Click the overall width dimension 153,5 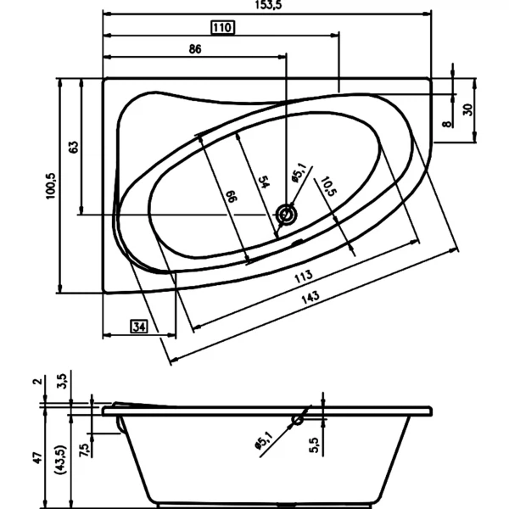tap(268, 5)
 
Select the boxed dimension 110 tap(222, 28)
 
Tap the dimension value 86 tap(195, 49)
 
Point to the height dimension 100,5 tap(51, 186)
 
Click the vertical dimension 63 tap(74, 147)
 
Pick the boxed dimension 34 tap(139, 327)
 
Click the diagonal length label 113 tap(304, 277)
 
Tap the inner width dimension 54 tap(264, 182)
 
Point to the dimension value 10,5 tap(328, 187)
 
